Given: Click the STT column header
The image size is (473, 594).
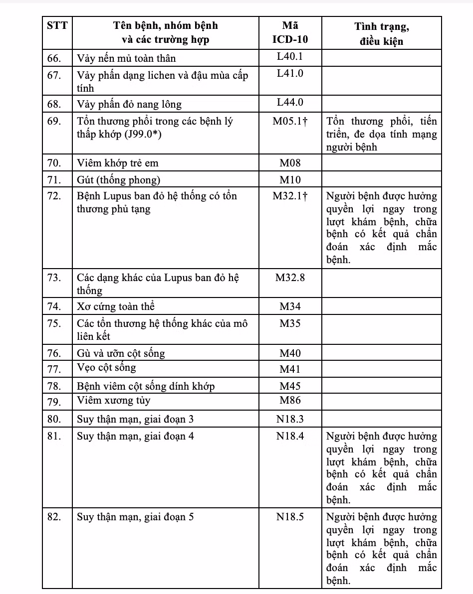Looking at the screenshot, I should pos(56,26).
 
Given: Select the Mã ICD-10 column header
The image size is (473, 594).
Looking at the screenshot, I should pos(290,32).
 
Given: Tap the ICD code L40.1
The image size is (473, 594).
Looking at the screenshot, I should pos(290,57).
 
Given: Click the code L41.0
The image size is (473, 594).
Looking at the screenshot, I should pos(290,74).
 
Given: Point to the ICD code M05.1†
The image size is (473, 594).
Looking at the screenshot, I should pos(290,121).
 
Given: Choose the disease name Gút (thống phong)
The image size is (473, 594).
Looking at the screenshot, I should pos(118,179).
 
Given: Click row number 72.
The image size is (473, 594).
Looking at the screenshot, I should pos(54,196).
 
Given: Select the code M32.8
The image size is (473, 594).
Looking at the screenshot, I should pos(290,278).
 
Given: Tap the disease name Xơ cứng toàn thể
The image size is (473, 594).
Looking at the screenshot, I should pos(119,306).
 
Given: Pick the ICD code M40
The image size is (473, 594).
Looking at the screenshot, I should pos(290,353).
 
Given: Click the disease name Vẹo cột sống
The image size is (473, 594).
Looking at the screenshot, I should pos(106,368).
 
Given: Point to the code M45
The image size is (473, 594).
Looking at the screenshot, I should pos(290,386).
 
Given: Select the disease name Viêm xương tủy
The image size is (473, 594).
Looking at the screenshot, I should pos(113,401).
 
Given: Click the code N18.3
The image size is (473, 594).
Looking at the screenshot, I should pos(290,419).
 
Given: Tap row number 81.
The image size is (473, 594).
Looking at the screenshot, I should pos(54,436).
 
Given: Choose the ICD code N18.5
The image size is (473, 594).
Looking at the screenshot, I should pos(290,517).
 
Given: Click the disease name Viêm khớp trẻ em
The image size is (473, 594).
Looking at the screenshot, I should pos(118,163).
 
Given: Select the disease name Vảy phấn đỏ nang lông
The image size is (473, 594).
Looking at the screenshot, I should pos(129,104).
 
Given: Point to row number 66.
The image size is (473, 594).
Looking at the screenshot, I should pos(54,58).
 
